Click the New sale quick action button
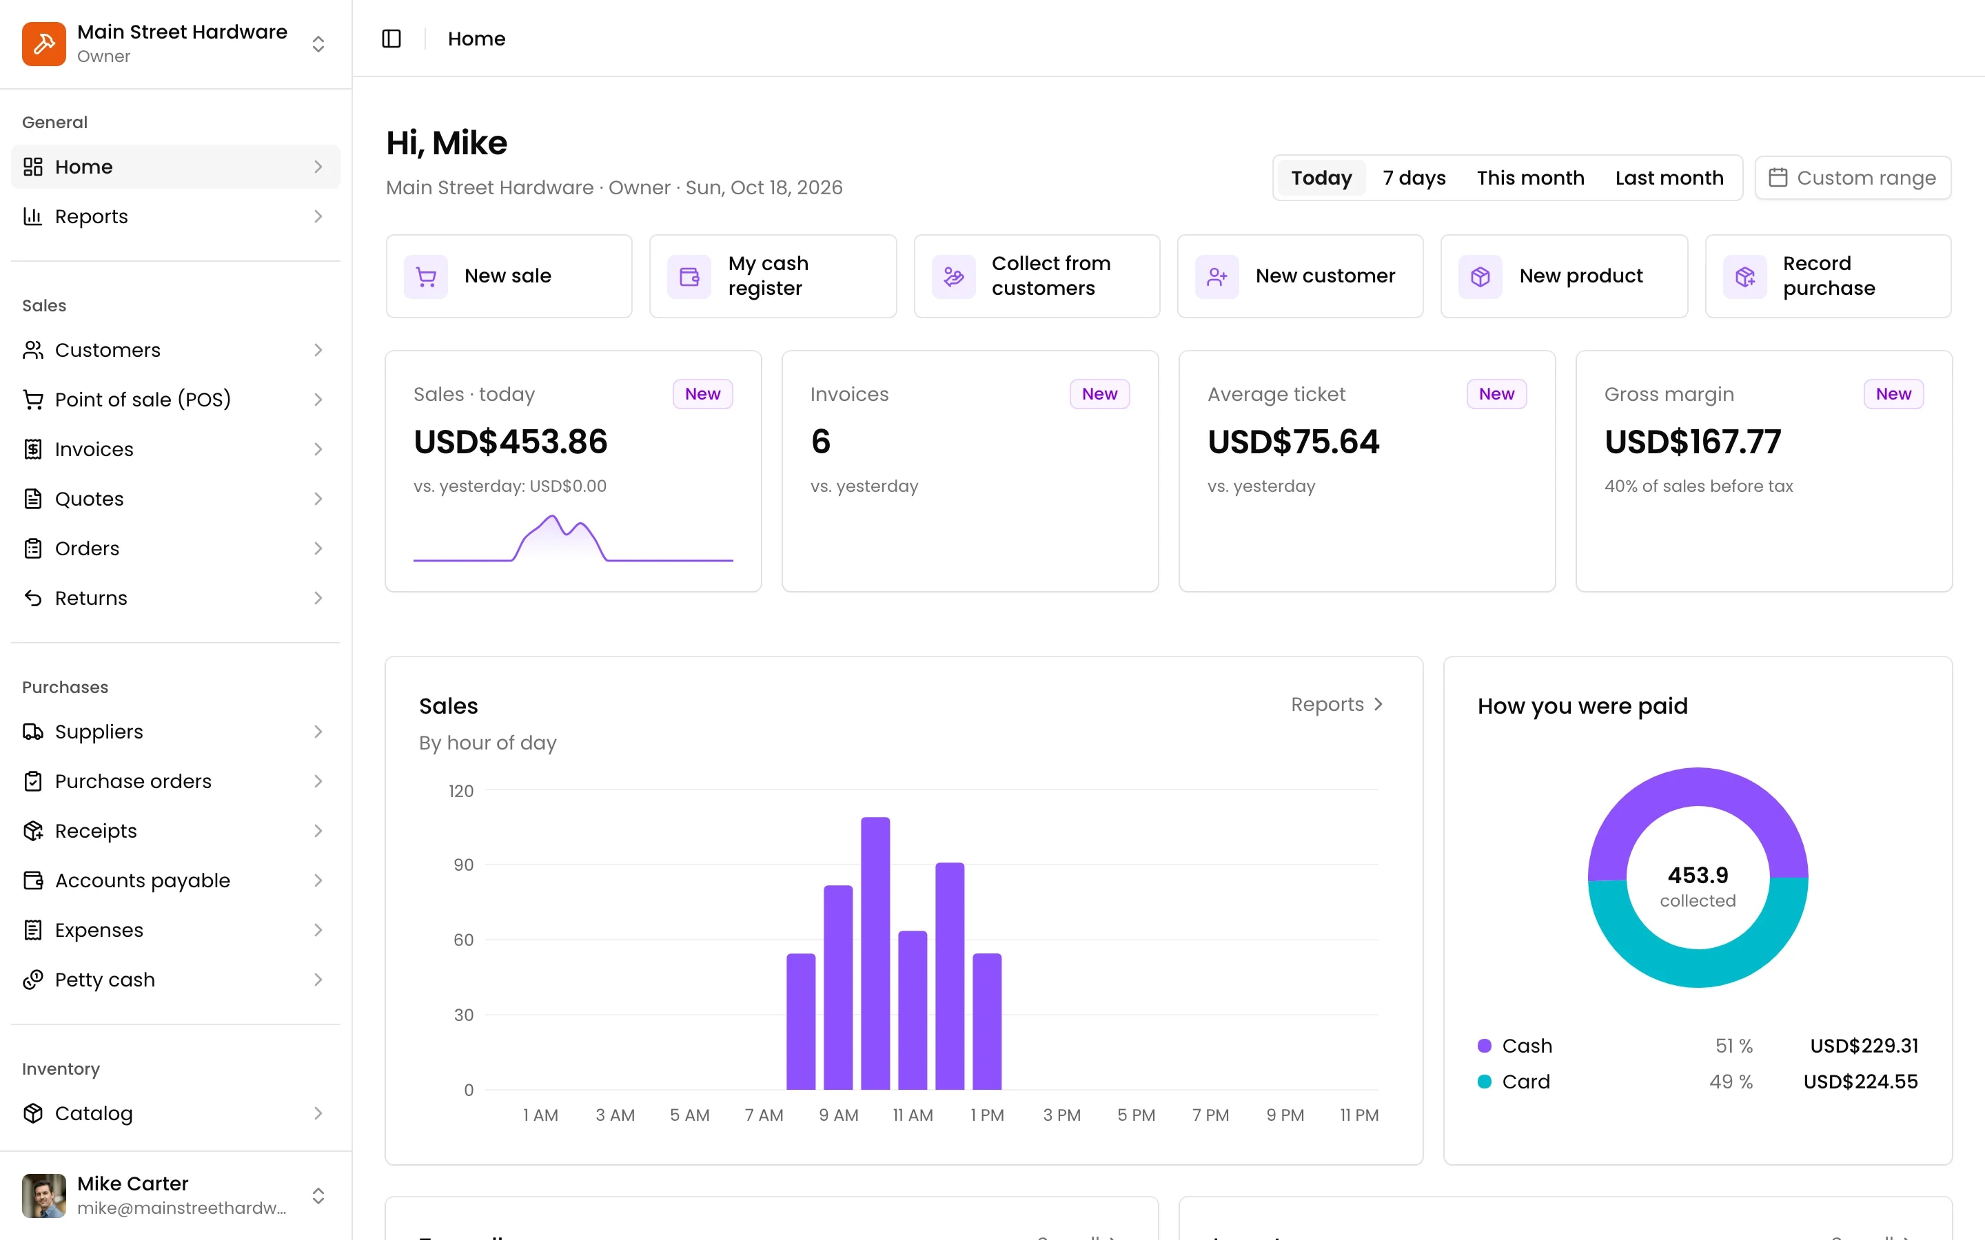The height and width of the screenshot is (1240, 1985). pos(509,276)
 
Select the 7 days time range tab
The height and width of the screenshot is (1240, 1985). pos(1414,178)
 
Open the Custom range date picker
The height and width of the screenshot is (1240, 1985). pos(1852,178)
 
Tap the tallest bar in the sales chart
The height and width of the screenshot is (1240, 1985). pos(875,953)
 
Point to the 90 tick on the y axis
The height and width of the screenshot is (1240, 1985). pos(463,865)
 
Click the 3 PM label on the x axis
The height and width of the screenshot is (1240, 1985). pos(1061,1115)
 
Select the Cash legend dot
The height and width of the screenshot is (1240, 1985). pos(1484,1046)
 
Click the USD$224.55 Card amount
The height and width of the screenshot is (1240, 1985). pos(1860,1082)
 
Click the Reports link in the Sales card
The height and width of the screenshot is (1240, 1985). pos(1337,705)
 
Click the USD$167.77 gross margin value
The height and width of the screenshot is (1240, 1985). pos(1692,442)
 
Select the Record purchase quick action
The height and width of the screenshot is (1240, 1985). pos(1828,276)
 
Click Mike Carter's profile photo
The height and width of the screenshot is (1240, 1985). pos(44,1196)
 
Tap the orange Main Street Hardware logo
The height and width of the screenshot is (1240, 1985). pos(44,43)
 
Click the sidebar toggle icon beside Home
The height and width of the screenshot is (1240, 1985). pos(391,39)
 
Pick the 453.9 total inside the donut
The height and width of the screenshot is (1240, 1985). pos(1698,875)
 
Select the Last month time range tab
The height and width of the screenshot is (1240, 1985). pos(1669,178)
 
